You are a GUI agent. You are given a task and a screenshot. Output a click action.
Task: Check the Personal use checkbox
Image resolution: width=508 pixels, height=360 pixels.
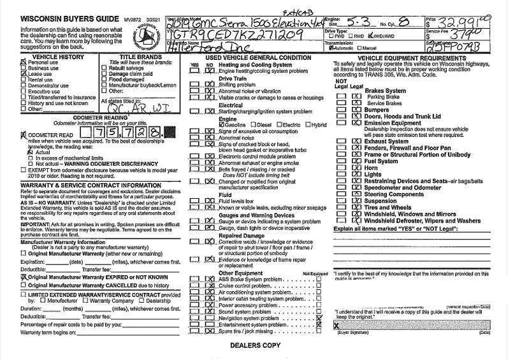(24, 62)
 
